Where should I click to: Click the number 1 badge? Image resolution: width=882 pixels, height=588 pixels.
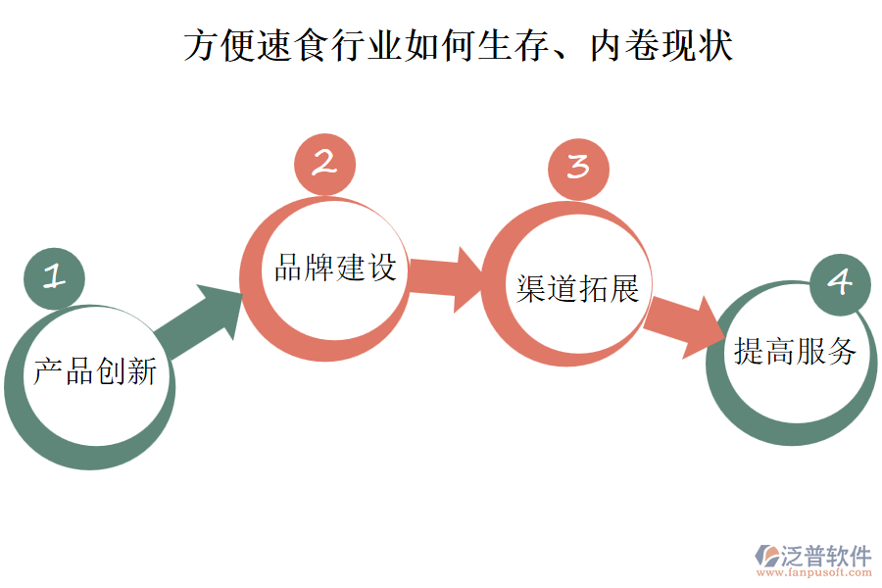(x=55, y=278)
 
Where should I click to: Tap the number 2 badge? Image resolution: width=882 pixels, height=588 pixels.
(x=324, y=164)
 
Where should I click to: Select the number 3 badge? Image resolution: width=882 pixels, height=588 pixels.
(x=578, y=168)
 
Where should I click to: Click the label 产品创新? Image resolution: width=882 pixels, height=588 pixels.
(x=95, y=371)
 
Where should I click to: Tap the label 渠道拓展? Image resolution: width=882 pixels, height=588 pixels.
(x=578, y=288)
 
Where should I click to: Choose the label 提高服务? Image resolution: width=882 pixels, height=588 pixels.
(x=796, y=351)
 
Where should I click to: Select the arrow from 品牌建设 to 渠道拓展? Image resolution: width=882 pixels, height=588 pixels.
(x=446, y=279)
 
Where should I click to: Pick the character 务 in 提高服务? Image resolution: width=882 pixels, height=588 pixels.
(x=843, y=351)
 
